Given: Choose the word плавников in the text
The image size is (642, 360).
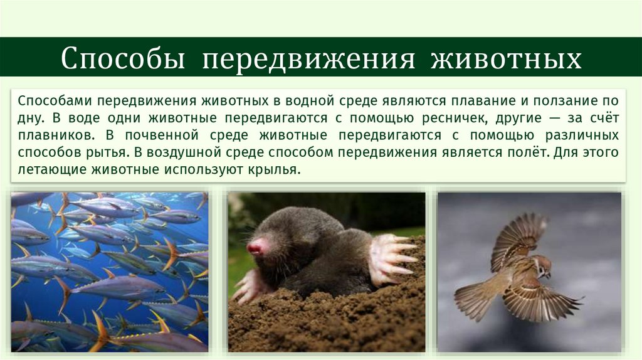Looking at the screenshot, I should point(50,135).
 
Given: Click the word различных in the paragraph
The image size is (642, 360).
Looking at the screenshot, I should point(579,135).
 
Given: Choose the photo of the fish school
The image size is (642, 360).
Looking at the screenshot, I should point(109,272).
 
